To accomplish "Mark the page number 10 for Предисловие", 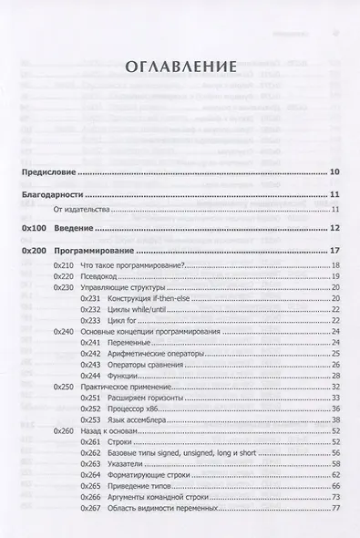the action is pyautogui.click(x=334, y=171).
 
